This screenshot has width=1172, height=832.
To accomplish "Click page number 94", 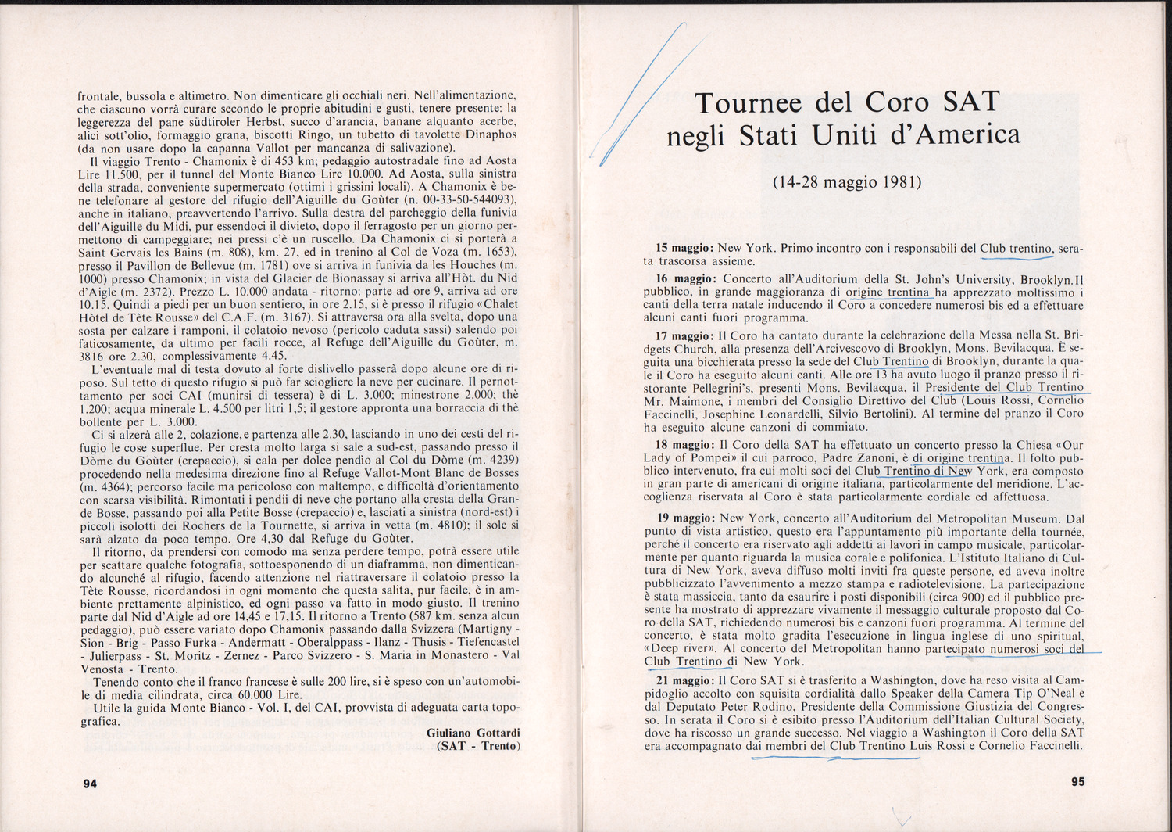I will tap(90, 784).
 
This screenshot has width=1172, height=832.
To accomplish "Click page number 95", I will tap(1077, 781).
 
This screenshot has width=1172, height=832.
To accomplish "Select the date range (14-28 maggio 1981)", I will tap(847, 183).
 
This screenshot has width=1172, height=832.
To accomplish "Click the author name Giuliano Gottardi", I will tap(473, 732).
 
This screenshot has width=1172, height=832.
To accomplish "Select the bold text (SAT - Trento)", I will tap(477, 746).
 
